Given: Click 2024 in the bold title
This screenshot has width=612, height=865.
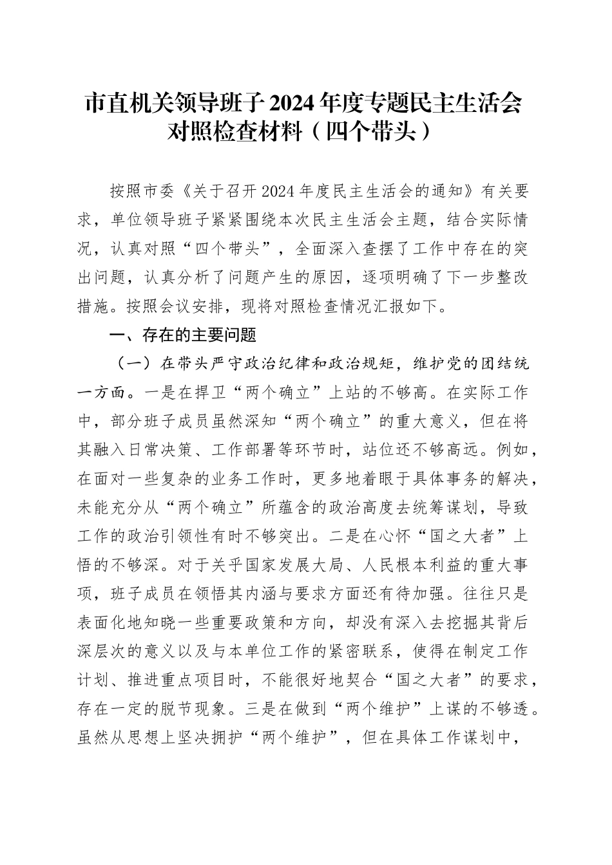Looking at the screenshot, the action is point(291,103).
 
